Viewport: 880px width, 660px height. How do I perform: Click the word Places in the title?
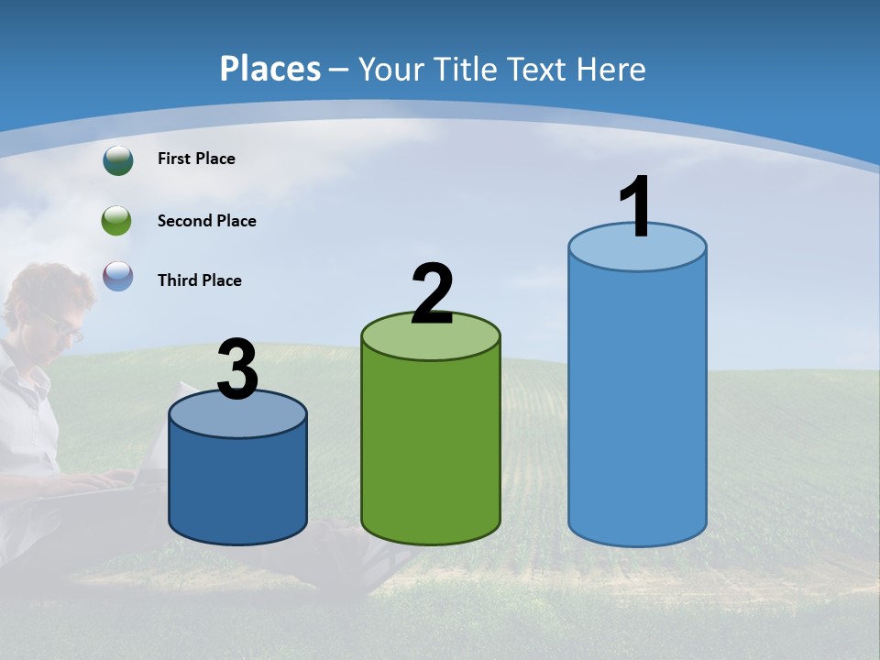(269, 69)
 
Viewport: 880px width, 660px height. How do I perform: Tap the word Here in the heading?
(615, 69)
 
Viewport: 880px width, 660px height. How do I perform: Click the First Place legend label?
(196, 159)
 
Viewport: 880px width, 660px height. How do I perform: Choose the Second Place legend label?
(206, 221)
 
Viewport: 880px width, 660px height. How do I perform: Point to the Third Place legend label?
(199, 280)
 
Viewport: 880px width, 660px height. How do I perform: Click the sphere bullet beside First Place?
(118, 160)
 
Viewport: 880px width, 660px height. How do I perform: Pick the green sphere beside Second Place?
(117, 221)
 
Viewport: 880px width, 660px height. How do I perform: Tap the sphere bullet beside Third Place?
(118, 276)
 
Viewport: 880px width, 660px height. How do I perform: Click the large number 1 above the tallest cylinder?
(635, 206)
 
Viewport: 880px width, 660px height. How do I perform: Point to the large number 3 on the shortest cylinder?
(237, 369)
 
